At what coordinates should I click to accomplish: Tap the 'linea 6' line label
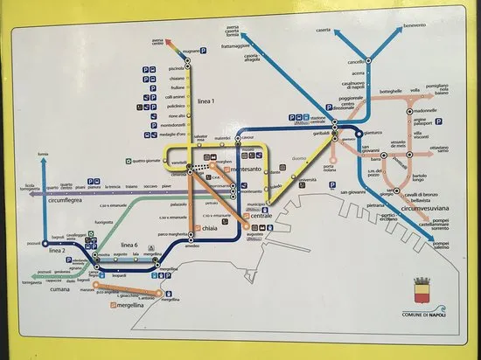(129, 243)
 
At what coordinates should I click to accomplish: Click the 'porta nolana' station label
(304, 168)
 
